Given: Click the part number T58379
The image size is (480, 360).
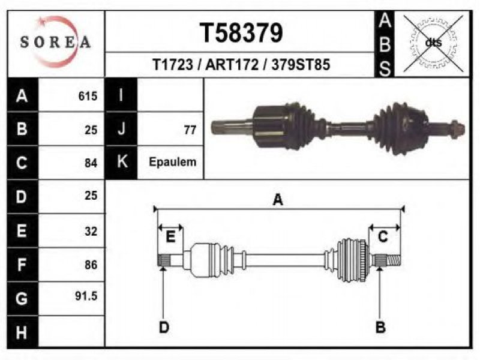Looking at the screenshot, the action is [x=241, y=33].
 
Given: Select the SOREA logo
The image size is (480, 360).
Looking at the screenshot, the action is [x=55, y=41].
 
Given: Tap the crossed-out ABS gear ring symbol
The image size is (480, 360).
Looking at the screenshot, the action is [x=433, y=43].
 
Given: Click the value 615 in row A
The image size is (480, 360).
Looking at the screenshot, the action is [x=88, y=96].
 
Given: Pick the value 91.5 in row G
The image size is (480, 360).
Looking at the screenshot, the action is [x=86, y=296].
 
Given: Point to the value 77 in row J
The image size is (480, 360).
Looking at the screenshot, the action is [x=190, y=130].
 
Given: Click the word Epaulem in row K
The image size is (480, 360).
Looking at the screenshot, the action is [x=173, y=161].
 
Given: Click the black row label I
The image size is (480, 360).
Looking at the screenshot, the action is [x=121, y=95].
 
